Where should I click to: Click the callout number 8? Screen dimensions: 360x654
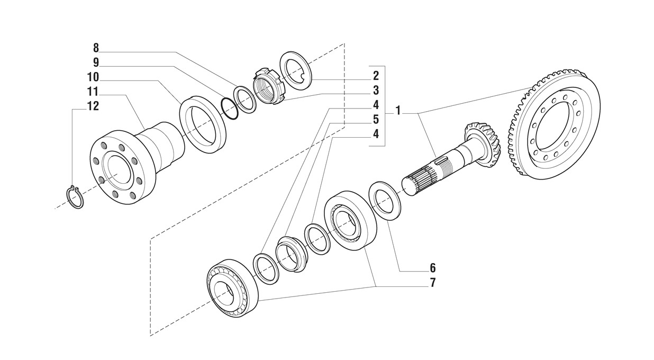96,48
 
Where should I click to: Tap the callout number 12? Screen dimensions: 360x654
93,106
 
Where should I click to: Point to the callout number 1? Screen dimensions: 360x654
398,112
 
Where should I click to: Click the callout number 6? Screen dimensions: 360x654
432,268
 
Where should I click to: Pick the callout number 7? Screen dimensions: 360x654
432,283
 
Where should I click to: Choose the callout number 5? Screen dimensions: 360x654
376,120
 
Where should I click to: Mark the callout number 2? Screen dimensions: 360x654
376,76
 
